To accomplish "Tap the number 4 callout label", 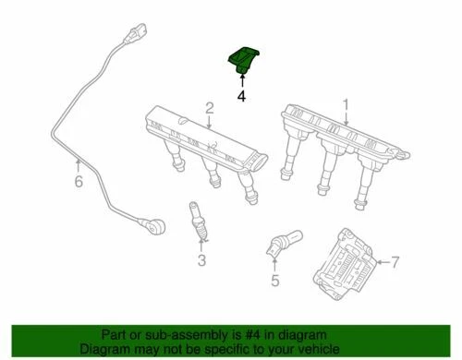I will [241, 95].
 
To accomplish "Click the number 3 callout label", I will [201, 261].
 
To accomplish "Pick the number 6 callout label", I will [78, 181].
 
